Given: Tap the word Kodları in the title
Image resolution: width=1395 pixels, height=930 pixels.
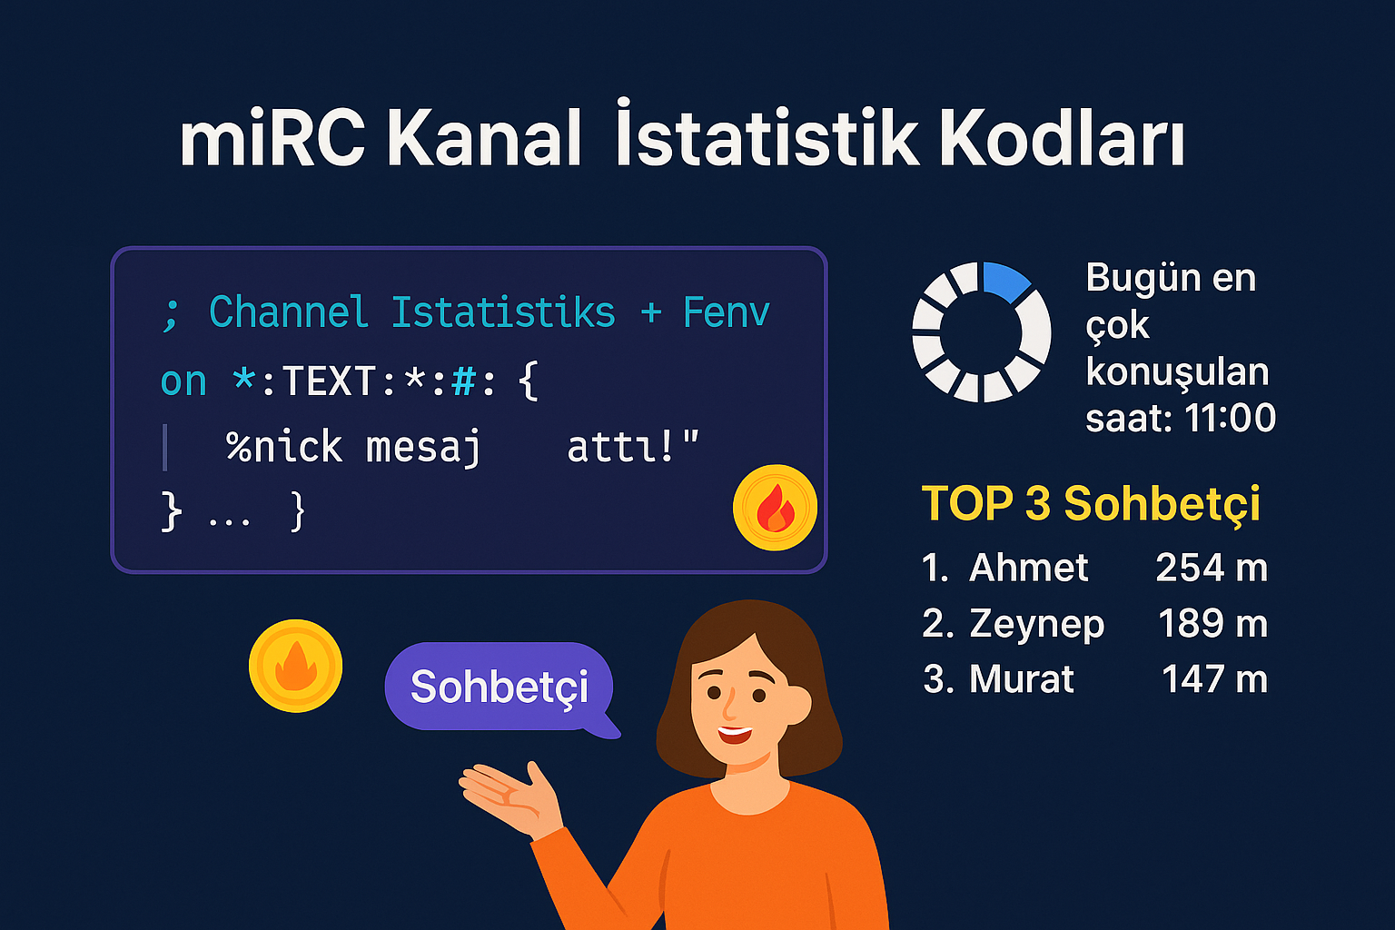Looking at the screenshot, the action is click(x=1062, y=137).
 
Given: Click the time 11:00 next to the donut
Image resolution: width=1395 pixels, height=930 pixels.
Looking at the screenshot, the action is click(x=1230, y=418).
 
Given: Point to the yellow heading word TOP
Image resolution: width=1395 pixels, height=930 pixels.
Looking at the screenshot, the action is click(x=968, y=502).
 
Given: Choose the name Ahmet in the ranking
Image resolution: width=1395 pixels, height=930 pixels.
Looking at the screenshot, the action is click(x=1028, y=568).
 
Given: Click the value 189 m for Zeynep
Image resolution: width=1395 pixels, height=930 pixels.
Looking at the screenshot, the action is click(x=1212, y=623).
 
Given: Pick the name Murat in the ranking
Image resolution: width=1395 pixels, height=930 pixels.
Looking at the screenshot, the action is click(x=1022, y=678).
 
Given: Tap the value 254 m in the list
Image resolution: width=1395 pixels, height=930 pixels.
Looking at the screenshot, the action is click(x=1212, y=568).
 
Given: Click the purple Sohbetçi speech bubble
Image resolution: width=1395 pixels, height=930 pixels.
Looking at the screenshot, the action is click(x=500, y=688).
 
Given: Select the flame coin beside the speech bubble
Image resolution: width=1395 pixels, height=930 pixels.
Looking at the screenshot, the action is click(x=296, y=666).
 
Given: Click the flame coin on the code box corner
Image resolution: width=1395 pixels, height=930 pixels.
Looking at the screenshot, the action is click(x=776, y=508).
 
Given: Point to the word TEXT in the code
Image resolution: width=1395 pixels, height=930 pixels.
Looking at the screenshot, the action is click(x=330, y=381).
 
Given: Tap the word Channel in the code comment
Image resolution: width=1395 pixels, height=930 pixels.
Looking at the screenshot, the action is click(x=288, y=312).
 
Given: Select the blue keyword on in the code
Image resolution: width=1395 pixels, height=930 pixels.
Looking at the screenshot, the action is click(x=183, y=381).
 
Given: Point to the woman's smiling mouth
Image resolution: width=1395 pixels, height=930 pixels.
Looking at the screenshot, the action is click(x=735, y=735).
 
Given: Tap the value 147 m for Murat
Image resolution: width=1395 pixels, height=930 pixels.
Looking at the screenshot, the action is click(x=1214, y=678).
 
